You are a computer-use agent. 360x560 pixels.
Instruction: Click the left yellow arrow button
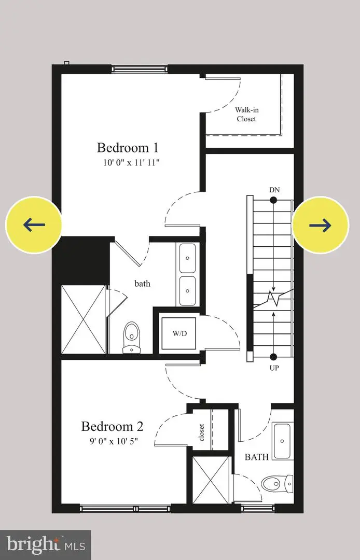click(x=34, y=225)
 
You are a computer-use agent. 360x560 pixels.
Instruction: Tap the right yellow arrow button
click(x=320, y=225)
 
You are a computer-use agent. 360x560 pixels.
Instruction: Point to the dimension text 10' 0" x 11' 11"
click(x=131, y=162)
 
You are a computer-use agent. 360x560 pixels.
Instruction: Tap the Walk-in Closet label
click(x=246, y=114)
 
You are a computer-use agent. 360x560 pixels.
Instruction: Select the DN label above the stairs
click(x=274, y=190)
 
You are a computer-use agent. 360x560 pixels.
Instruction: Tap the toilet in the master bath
click(x=132, y=337)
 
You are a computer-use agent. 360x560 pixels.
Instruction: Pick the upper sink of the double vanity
click(x=187, y=256)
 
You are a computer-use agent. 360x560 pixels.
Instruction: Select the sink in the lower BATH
click(x=282, y=441)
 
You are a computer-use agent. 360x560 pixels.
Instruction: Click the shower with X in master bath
click(x=83, y=319)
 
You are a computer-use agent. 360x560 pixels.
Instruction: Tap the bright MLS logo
click(x=45, y=544)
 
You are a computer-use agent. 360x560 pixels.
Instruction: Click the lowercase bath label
click(x=142, y=284)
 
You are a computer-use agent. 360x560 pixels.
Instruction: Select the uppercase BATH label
click(x=257, y=457)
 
